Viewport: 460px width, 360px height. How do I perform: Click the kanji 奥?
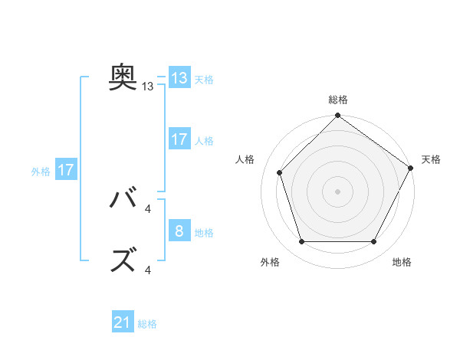(x=123, y=77)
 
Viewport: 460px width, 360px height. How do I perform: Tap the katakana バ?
(x=123, y=199)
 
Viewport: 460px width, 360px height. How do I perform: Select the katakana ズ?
(x=123, y=260)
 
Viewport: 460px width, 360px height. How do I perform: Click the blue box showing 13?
(x=179, y=79)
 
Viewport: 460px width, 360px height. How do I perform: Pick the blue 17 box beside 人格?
(x=179, y=139)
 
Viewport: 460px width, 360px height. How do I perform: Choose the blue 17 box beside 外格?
(x=66, y=170)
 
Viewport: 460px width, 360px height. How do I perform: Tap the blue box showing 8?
(x=179, y=231)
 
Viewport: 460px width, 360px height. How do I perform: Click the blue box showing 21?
(x=123, y=323)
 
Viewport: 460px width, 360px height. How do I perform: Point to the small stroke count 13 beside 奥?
(x=148, y=87)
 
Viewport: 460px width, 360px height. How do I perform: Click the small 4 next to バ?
(x=148, y=209)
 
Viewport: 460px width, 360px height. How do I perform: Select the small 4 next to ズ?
(x=148, y=270)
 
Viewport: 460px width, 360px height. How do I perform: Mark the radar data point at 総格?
(x=337, y=116)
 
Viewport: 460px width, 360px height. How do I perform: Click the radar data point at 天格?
(x=411, y=168)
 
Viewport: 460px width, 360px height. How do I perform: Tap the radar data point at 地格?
(x=373, y=241)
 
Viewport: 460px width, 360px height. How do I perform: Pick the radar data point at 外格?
(x=301, y=241)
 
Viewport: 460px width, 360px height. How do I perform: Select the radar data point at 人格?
(x=280, y=172)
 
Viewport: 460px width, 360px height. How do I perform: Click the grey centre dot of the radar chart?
(x=337, y=191)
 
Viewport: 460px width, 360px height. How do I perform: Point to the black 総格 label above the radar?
(x=337, y=100)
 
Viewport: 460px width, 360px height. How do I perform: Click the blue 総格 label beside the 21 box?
(x=147, y=324)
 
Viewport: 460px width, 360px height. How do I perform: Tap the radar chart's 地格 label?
(x=402, y=262)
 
